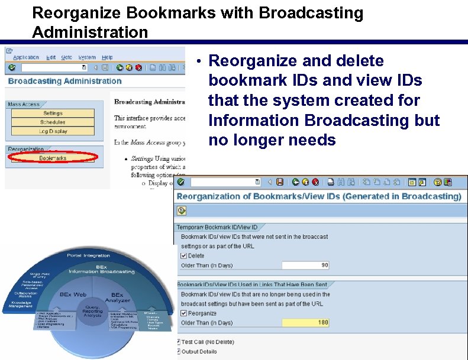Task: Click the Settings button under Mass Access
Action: click(x=53, y=113)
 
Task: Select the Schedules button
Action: click(x=53, y=122)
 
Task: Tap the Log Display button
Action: click(x=53, y=131)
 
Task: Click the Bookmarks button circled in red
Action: click(x=53, y=158)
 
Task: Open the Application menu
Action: click(x=26, y=57)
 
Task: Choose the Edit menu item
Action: click(x=51, y=57)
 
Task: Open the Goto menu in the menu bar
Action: click(x=66, y=57)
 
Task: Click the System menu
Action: click(x=86, y=57)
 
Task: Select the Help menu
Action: click(x=107, y=57)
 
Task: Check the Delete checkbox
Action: click(x=183, y=256)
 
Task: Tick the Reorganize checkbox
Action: click(x=183, y=313)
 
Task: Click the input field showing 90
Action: click(x=305, y=265)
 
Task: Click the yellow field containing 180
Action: click(x=305, y=323)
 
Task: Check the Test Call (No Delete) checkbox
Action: click(x=179, y=342)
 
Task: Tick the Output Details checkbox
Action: click(x=179, y=351)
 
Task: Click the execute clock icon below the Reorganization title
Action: click(x=182, y=210)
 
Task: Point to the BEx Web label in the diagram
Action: click(x=73, y=294)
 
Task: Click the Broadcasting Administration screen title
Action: click(x=64, y=81)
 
